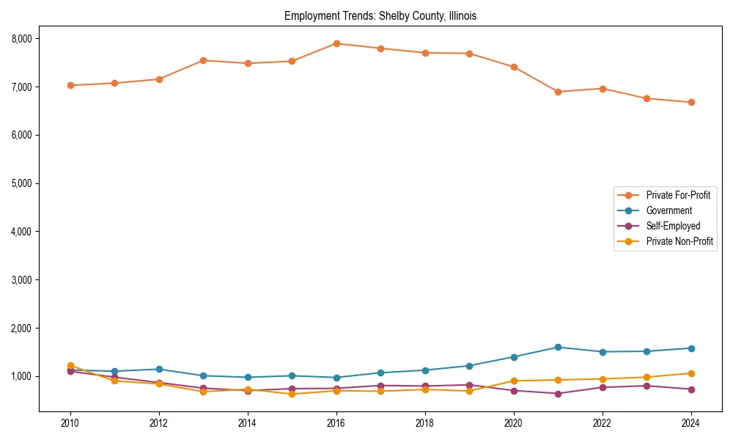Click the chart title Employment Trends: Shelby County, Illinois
(x=380, y=16)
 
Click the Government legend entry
(x=668, y=210)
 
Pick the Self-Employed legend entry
(x=673, y=226)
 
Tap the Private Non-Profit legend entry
(x=679, y=241)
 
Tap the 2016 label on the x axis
(x=336, y=423)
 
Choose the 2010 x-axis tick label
(x=70, y=423)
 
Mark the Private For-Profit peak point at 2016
(x=336, y=43)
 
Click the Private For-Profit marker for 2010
(x=70, y=85)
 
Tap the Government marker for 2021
(x=558, y=347)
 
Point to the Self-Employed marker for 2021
(x=558, y=394)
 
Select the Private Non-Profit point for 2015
(x=292, y=394)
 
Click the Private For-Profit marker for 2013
(x=203, y=60)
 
